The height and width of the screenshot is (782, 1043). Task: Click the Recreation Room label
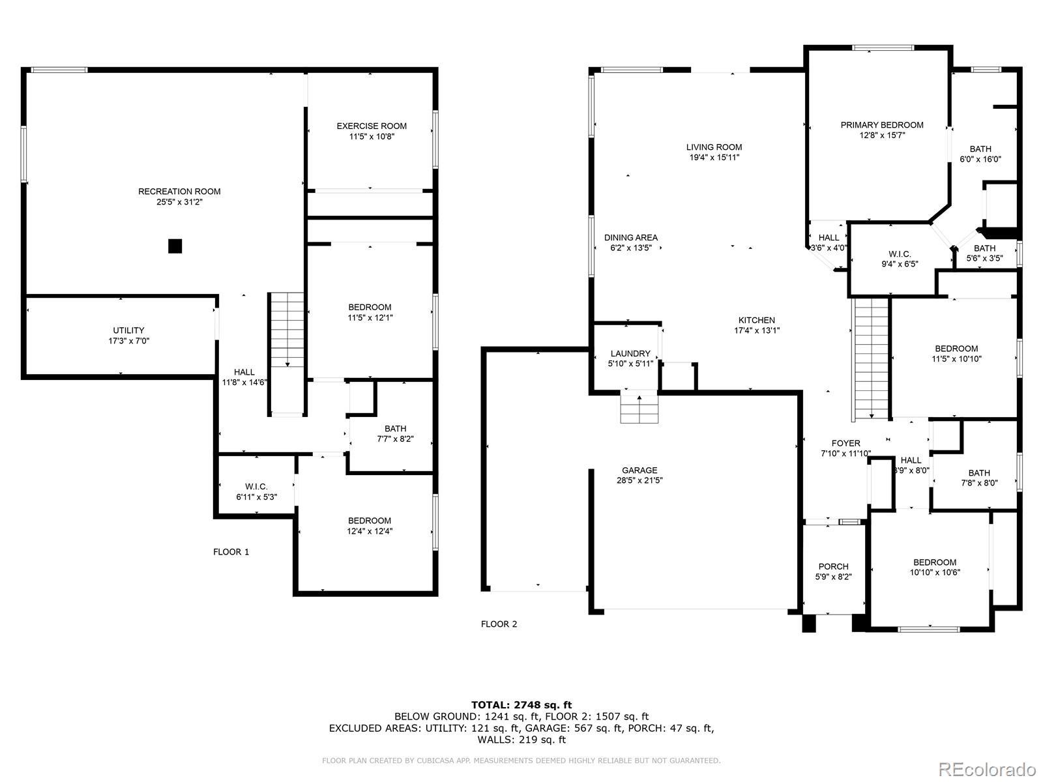pos(179,192)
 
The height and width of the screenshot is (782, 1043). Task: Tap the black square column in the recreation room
pos(175,246)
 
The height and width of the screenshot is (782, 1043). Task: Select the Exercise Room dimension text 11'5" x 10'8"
pos(372,137)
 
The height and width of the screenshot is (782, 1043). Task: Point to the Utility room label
pos(128,330)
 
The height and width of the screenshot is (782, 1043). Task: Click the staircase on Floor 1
pos(287,353)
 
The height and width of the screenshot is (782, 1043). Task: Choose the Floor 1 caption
pos(231,552)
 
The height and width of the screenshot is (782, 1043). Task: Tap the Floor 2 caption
pos(499,624)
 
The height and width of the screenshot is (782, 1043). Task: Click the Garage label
pos(639,470)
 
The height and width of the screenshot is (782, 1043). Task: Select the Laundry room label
pos(630,354)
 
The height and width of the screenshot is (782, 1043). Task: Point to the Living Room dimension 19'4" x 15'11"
pos(714,158)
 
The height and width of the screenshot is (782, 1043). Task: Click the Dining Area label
pos(631,237)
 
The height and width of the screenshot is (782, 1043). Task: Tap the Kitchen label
pos(757,321)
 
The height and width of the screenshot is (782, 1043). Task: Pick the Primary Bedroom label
pos(882,125)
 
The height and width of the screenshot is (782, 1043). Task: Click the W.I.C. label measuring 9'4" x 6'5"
pos(900,255)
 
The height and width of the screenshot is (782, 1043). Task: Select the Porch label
pos(834,566)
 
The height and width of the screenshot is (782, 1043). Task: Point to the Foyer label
pos(845,444)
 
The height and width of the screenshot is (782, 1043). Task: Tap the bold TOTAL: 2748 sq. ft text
pos(521,705)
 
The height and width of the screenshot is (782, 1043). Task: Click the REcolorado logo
pos(988,769)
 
